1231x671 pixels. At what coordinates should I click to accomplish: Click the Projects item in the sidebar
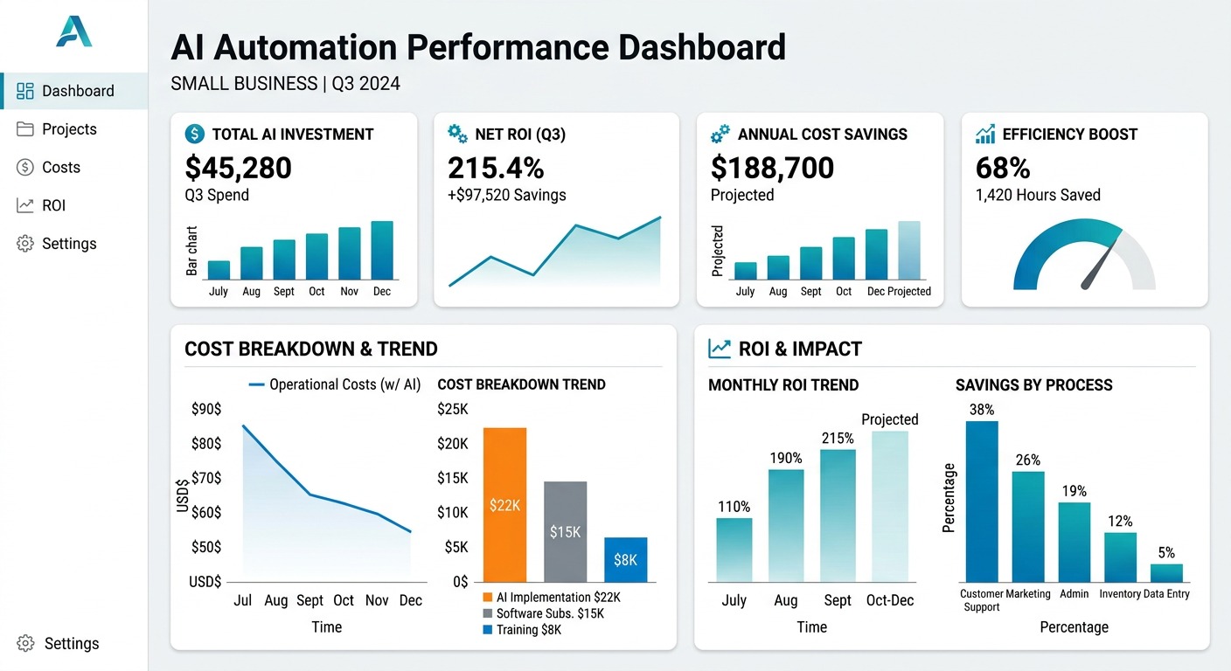click(x=68, y=129)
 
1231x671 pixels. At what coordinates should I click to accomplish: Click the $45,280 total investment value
click(x=239, y=168)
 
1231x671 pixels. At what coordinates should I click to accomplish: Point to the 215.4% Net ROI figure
click(x=496, y=168)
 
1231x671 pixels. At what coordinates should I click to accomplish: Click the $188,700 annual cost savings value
click(x=772, y=168)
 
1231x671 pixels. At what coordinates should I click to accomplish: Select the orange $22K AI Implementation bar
click(x=504, y=505)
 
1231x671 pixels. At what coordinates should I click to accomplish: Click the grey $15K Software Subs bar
click(x=565, y=531)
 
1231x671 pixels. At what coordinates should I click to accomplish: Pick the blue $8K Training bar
click(x=625, y=560)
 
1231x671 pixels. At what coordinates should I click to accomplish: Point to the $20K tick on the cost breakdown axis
click(x=452, y=444)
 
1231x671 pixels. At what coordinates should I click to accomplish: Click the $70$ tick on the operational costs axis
click(x=205, y=478)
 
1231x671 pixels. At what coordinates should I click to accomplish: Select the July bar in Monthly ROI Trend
click(x=734, y=550)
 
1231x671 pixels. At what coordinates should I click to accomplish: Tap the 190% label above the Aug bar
click(x=785, y=458)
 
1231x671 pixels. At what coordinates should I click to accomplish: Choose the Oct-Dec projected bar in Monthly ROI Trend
click(x=889, y=506)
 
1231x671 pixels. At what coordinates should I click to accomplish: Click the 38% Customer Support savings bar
click(x=981, y=502)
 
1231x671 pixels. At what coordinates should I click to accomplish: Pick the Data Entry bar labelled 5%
click(x=1166, y=573)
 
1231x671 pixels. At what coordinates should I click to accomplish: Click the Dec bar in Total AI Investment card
click(x=382, y=250)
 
